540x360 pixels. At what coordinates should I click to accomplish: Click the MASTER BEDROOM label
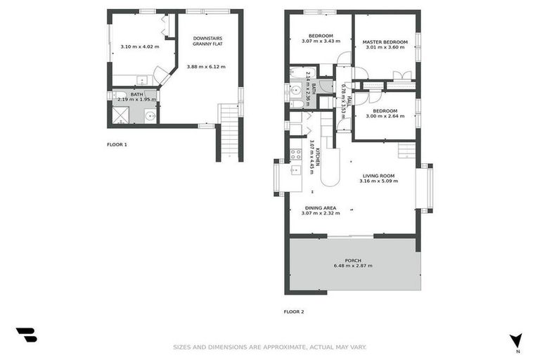[385, 42]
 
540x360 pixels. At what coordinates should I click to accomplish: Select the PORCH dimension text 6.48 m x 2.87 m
[353, 266]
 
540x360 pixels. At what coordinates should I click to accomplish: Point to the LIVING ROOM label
[378, 175]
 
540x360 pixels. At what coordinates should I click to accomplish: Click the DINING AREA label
[319, 207]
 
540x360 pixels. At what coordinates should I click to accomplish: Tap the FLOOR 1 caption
[117, 144]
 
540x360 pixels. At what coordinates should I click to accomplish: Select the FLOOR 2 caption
[294, 311]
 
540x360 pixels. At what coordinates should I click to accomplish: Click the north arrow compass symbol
[516, 340]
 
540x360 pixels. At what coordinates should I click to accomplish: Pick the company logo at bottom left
[26, 335]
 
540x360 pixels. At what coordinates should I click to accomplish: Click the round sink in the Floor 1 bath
[149, 116]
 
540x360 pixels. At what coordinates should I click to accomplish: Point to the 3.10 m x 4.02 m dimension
[139, 46]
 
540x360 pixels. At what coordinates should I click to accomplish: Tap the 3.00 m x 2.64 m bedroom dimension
[385, 117]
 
